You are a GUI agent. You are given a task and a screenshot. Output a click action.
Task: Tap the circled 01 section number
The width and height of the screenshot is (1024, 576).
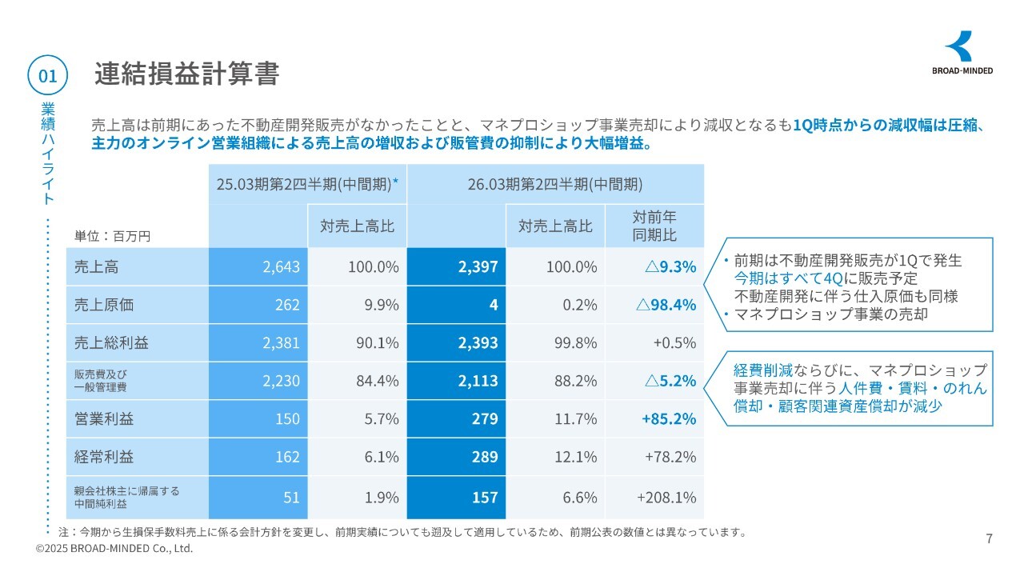47,76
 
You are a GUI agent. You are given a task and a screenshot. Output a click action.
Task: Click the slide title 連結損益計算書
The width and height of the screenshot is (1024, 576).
186,74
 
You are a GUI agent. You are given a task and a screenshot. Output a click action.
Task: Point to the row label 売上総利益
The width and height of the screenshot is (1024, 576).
111,342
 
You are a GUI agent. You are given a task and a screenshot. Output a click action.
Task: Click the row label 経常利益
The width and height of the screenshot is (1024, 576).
104,457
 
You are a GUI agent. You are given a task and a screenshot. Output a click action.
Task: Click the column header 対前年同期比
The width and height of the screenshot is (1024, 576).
654,226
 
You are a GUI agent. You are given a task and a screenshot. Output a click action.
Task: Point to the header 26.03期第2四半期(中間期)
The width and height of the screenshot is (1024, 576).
555,184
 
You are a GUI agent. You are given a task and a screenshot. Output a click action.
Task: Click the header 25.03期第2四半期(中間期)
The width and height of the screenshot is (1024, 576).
307,184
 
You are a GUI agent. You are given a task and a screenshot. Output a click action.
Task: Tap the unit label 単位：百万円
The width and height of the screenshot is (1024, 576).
112,236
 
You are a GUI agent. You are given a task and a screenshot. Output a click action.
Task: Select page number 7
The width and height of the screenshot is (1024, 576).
989,538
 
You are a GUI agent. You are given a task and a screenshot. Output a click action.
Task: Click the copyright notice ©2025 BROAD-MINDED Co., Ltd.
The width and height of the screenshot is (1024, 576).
114,549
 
